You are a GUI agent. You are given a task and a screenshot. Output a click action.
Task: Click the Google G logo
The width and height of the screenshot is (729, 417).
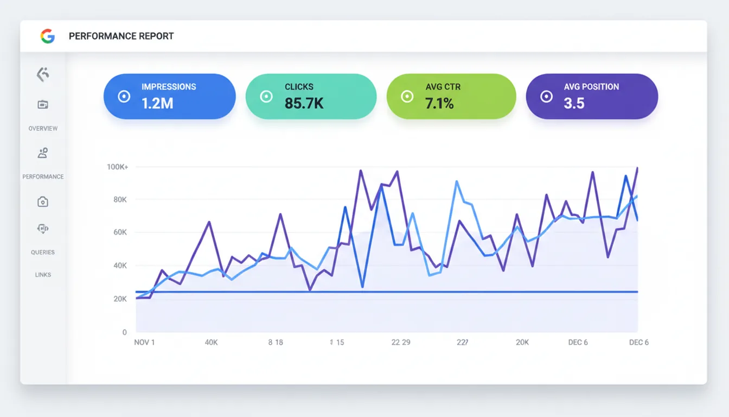[x=48, y=36]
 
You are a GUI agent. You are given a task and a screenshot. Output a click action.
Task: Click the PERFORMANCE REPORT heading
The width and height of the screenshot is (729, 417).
[x=121, y=36]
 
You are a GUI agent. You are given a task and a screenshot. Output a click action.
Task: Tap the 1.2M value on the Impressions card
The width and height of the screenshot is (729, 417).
[x=157, y=103]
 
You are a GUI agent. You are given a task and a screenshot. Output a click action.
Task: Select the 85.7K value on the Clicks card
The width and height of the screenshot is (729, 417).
[x=304, y=103]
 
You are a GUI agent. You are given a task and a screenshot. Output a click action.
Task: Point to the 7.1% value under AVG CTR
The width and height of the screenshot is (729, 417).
[x=439, y=103]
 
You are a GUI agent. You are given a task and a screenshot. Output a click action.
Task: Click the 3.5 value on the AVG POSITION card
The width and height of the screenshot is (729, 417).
[x=574, y=103]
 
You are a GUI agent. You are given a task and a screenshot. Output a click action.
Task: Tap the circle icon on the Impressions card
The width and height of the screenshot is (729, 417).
[x=124, y=97]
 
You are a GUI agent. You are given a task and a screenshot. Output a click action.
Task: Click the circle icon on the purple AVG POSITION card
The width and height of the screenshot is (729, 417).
[x=546, y=97]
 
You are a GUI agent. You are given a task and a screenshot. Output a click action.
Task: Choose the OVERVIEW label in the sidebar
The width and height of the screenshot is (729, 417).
[x=43, y=129]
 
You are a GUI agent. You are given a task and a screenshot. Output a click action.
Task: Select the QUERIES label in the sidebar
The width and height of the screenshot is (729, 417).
[x=43, y=252]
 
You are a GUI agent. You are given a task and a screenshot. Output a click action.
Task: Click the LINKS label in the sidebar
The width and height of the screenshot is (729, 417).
[x=43, y=275]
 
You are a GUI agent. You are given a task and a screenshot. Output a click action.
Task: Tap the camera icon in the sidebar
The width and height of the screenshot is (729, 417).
[x=43, y=202]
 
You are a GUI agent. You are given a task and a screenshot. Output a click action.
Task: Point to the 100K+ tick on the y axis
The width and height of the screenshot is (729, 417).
[x=117, y=167]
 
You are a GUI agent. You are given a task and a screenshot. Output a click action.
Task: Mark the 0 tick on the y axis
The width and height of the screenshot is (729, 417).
[x=124, y=332]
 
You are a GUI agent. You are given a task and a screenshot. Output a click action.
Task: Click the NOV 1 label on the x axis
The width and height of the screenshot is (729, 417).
[x=144, y=343]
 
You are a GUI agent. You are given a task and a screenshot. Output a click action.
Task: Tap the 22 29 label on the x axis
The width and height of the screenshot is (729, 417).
[x=401, y=343]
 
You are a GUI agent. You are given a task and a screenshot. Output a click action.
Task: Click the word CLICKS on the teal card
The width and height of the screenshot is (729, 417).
[x=299, y=87]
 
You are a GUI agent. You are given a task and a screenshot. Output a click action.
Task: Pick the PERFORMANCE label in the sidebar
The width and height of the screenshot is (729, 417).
[x=43, y=177]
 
